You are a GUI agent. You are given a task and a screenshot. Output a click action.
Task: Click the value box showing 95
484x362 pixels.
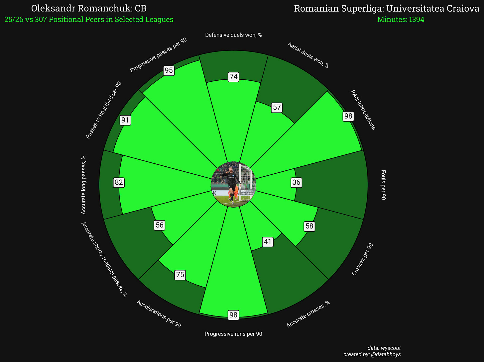click(x=169, y=70)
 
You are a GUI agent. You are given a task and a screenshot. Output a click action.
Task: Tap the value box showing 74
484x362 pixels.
click(x=234, y=77)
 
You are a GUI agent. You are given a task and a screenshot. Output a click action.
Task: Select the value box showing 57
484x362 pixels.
click(x=277, y=108)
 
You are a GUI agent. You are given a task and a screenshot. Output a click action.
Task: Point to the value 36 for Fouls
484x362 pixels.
click(x=296, y=182)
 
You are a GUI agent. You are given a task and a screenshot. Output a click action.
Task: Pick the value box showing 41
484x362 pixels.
click(x=268, y=242)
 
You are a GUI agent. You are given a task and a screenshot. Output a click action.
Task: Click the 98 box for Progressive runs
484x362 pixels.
click(x=233, y=315)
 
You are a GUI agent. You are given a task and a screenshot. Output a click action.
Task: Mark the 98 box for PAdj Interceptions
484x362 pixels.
click(x=348, y=116)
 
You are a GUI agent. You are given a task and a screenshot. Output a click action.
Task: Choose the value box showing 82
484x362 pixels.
click(x=119, y=182)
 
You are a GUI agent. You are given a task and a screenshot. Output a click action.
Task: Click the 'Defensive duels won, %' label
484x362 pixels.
click(x=233, y=35)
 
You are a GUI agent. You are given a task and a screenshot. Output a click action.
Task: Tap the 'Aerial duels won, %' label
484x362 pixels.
click(x=308, y=55)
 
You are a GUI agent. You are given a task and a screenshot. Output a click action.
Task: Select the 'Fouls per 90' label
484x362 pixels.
click(x=383, y=185)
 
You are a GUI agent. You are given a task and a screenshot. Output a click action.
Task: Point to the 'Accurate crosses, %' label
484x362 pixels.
click(x=308, y=314)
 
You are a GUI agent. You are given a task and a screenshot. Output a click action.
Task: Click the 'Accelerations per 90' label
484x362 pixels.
click(x=159, y=314)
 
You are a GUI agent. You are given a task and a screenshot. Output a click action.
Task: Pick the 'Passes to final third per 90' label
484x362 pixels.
click(x=103, y=110)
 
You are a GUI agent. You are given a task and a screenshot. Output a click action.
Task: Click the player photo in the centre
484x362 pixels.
click(x=233, y=184)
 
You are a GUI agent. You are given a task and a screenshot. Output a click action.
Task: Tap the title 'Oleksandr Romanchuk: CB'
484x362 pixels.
click(x=89, y=8)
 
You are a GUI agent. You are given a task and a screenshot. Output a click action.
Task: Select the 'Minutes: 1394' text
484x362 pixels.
click(x=401, y=20)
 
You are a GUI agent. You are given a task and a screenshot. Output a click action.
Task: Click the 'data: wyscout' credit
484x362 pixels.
click(x=384, y=348)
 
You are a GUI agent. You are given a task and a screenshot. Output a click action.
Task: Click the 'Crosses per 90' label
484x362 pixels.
click(x=363, y=260)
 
